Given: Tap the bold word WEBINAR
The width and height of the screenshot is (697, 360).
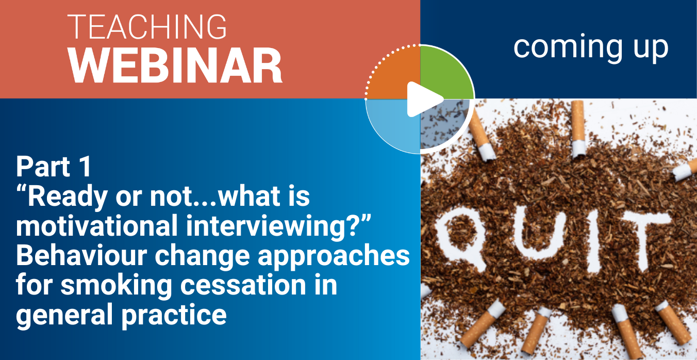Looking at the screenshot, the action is tap(176, 66).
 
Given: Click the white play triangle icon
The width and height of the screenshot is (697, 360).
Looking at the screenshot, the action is tap(424, 100).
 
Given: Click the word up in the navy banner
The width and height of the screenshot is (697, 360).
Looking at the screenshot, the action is tap(651, 51).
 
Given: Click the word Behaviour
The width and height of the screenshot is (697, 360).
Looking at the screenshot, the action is tap(81, 255).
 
